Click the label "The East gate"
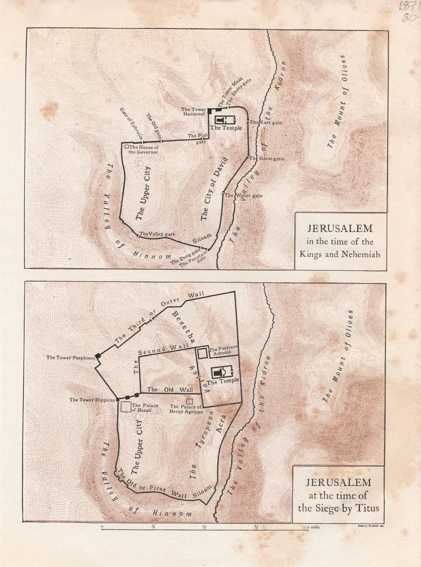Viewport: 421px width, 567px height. pyautogui.click(x=266, y=122)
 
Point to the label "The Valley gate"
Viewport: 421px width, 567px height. pyautogui.click(x=157, y=234)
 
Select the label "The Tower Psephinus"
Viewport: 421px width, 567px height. pyautogui.click(x=70, y=357)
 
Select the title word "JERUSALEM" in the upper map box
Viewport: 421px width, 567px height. pyautogui.click(x=340, y=229)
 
